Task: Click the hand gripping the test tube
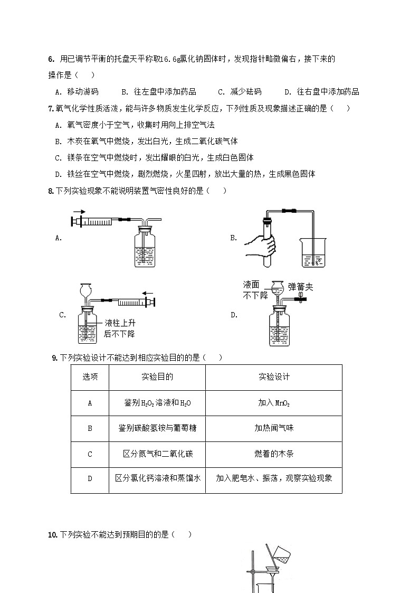pyautogui.click(x=263, y=243)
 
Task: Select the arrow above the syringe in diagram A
pyautogui.click(x=79, y=211)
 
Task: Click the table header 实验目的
pyautogui.click(x=157, y=377)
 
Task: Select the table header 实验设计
pyautogui.click(x=274, y=377)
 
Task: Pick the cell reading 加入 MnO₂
pyautogui.click(x=274, y=403)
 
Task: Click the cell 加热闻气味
pyautogui.click(x=274, y=428)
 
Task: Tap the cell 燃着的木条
pyautogui.click(x=274, y=454)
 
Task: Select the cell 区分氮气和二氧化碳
pyautogui.click(x=157, y=454)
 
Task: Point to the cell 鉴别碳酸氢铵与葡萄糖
pyautogui.click(x=157, y=428)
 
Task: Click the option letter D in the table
pyautogui.click(x=90, y=479)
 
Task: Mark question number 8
pyautogui.click(x=50, y=191)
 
